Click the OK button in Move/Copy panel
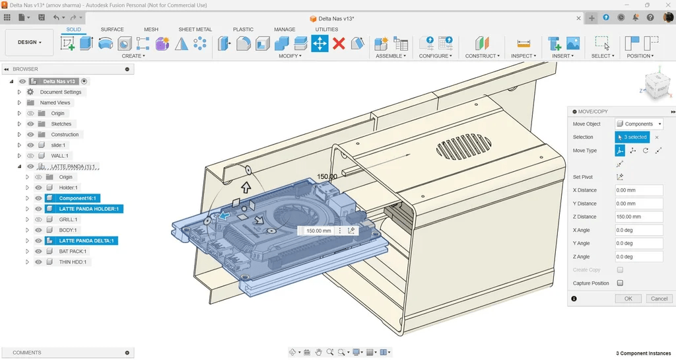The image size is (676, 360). tap(628, 299)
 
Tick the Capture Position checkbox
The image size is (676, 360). tap(620, 283)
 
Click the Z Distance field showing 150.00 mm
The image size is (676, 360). tap(638, 217)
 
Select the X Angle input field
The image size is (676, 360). tap(638, 231)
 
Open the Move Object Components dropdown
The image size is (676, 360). tap(638, 124)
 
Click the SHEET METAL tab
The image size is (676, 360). tap(195, 29)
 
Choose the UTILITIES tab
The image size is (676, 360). tap(326, 29)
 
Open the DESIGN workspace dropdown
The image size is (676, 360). tap(29, 42)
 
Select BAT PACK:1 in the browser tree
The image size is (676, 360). tap(73, 252)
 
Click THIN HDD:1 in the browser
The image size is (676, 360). tap(73, 262)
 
